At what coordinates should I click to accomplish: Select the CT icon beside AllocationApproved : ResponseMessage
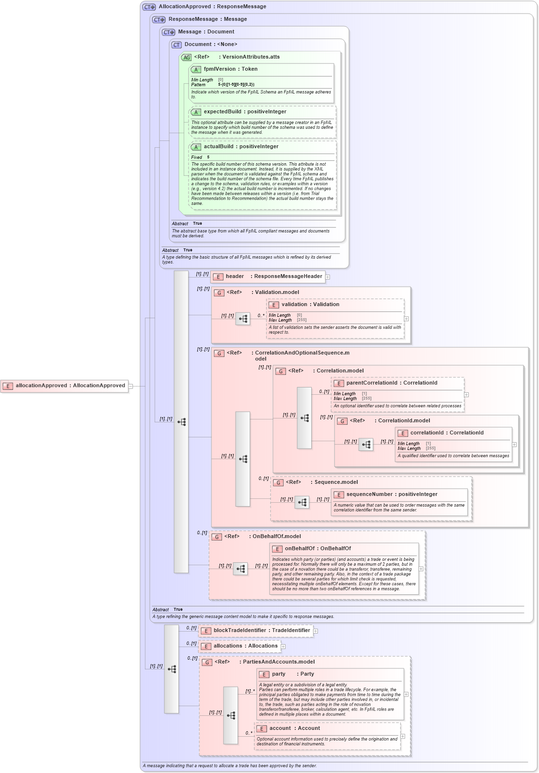coord(149,7)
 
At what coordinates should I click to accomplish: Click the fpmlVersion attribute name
coord(220,69)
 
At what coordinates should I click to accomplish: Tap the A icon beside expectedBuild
coord(196,112)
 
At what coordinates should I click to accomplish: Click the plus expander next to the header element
coord(328,277)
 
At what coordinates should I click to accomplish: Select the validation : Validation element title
coord(310,305)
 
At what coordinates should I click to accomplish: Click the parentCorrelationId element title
coord(392,383)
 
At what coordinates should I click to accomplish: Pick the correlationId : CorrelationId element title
coord(446,433)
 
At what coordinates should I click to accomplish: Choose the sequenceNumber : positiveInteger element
coord(392,495)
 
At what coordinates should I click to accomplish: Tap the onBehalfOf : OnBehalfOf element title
coord(317,549)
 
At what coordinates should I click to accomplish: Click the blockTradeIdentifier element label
coord(262,631)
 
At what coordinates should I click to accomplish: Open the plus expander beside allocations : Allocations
coord(283,647)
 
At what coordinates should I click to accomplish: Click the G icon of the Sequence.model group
coord(278,482)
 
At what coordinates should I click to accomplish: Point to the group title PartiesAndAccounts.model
coord(278,662)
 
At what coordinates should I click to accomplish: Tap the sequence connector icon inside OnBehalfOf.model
coord(240,569)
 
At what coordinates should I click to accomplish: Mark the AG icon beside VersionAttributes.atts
coord(187,57)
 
